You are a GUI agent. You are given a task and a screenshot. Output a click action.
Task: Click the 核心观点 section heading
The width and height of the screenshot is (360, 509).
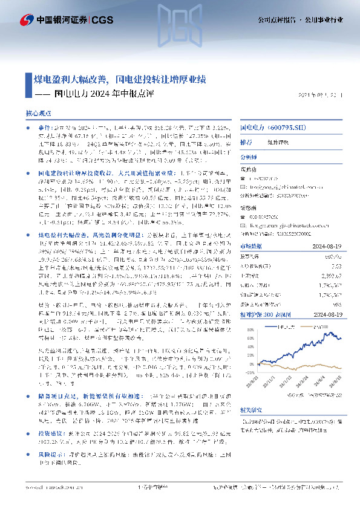[39, 114]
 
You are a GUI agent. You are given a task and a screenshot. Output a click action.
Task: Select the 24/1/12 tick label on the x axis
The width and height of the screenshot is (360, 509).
[286, 381]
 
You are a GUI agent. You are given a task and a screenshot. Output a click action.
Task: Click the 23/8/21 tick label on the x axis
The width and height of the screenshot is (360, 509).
[254, 381]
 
